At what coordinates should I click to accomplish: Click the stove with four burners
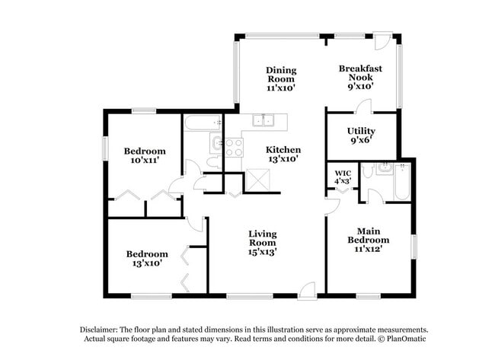tap(234, 146)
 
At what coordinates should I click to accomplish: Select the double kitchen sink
tap(264, 120)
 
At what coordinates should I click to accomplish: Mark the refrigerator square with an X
tap(257, 180)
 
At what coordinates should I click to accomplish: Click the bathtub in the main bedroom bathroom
tap(401, 183)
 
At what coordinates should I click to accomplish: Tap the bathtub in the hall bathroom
tap(202, 122)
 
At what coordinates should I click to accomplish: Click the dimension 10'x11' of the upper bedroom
tap(144, 161)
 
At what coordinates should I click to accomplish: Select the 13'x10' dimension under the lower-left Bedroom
tap(147, 264)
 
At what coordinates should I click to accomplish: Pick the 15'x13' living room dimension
tap(263, 252)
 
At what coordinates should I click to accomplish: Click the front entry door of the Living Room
tap(306, 289)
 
